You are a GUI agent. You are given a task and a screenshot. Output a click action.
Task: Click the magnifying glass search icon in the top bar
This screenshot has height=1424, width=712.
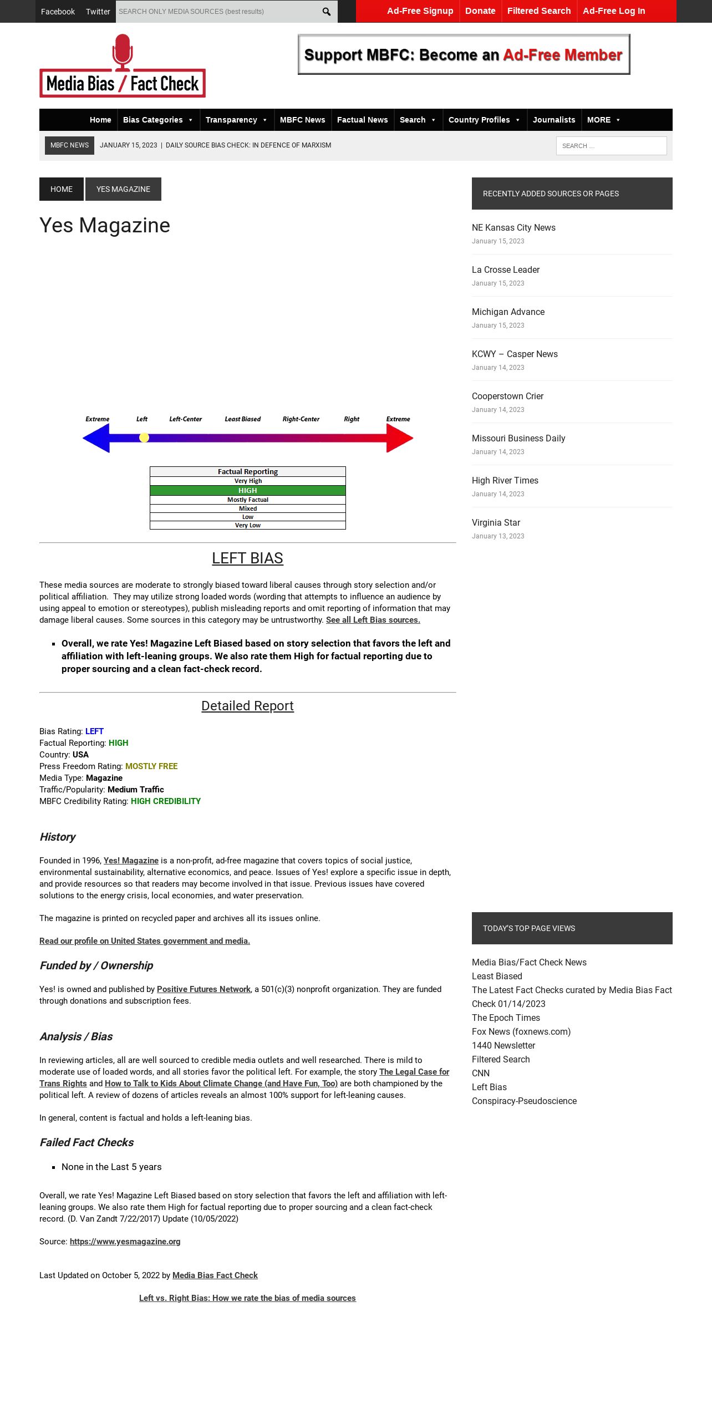pos(327,12)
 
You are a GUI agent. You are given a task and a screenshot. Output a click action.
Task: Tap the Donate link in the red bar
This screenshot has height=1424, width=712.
pos(480,11)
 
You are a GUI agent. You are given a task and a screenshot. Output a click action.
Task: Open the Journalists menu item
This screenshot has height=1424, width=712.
pos(554,120)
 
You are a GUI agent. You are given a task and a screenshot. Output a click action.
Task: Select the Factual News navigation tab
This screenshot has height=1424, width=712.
pos(362,120)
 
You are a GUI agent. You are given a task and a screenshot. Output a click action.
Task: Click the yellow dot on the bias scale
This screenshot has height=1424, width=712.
pos(144,438)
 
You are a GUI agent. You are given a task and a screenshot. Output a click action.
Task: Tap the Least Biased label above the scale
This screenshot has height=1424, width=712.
pos(242,419)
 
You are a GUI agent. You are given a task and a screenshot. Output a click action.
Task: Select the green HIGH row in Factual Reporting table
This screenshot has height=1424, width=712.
pos(248,491)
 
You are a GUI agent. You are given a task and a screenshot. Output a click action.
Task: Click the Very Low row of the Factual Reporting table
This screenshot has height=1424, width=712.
pos(248,525)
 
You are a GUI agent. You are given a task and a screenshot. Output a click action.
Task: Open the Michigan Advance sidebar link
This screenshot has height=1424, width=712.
pos(508,312)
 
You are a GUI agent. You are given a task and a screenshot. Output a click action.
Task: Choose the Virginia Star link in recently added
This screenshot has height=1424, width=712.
pos(496,522)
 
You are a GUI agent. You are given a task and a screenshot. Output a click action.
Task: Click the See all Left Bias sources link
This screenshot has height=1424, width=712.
pos(373,620)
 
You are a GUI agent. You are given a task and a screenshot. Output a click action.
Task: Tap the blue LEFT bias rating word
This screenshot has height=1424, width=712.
pos(94,731)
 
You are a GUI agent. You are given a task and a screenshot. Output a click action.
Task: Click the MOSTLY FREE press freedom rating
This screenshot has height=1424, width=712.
pos(151,766)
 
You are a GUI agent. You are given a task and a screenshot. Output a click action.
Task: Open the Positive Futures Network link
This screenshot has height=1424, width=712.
pos(204,989)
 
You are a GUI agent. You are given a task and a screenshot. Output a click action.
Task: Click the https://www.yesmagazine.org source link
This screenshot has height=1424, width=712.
pos(125,1242)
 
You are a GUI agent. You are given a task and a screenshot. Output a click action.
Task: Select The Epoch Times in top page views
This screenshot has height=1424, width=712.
pos(506,1018)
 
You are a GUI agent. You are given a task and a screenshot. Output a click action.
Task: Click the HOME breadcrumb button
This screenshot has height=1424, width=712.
pos(62,189)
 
